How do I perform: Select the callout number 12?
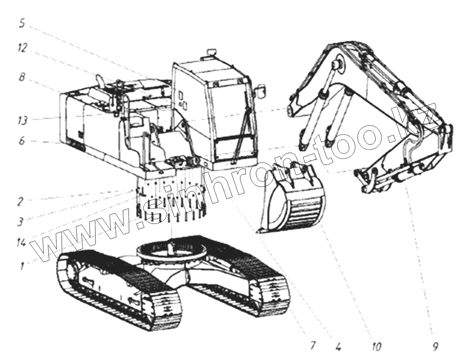(23, 48)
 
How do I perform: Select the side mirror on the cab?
(261, 92)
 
